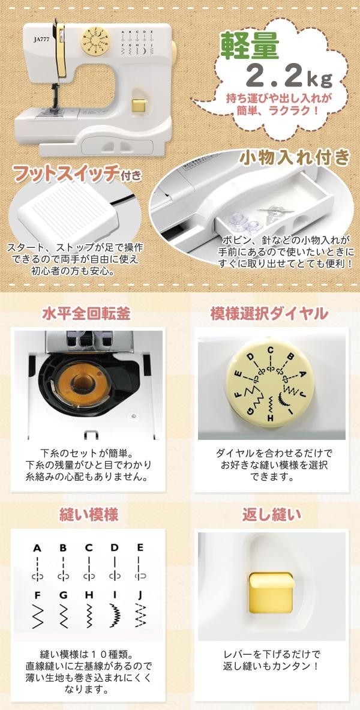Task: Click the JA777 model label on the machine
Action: click(x=41, y=39)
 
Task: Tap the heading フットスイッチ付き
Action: click(x=77, y=173)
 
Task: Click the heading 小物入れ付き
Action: click(x=295, y=158)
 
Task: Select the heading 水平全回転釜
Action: click(x=86, y=314)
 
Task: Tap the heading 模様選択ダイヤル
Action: click(x=269, y=314)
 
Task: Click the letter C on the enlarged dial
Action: click(x=271, y=349)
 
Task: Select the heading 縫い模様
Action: click(x=89, y=515)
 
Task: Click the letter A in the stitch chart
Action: click(x=37, y=548)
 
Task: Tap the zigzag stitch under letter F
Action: click(x=37, y=615)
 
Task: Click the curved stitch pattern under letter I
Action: click(x=115, y=615)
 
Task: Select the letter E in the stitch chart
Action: click(x=140, y=548)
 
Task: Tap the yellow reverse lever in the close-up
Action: click(x=271, y=587)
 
